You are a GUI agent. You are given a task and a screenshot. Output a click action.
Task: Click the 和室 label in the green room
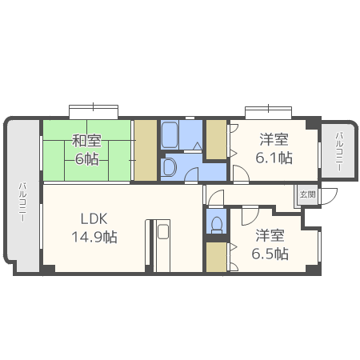[x=86, y=141]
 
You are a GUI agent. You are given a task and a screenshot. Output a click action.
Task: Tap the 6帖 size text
[x=86, y=159]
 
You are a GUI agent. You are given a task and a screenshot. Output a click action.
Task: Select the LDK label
[x=94, y=218]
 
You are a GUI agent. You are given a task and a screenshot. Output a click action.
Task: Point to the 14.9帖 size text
[x=94, y=237]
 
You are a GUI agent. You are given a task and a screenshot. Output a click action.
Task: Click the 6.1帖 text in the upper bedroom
[x=274, y=158]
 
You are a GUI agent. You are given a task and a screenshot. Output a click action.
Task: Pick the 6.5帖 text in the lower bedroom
[x=270, y=254]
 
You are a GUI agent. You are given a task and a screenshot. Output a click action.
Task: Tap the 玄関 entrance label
[x=308, y=194]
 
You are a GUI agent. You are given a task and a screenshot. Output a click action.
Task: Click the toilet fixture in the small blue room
[x=217, y=224]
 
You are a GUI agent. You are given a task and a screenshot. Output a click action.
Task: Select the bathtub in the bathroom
[x=170, y=135]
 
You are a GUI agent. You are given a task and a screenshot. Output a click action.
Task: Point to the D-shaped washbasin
[x=170, y=167]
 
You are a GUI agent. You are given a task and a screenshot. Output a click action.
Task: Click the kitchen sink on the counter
[x=163, y=231]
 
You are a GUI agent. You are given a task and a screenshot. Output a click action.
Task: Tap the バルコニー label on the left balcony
[x=22, y=202]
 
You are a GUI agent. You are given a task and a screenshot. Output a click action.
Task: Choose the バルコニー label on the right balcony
[x=339, y=152]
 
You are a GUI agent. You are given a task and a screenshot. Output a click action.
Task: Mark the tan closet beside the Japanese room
[x=146, y=150]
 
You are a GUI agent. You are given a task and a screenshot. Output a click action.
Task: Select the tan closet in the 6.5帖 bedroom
[x=216, y=257]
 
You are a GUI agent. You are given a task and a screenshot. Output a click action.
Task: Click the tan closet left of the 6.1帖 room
[x=217, y=140]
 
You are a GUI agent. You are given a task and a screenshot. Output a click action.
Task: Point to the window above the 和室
[x=94, y=112]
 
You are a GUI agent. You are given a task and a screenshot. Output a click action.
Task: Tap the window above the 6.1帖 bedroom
[x=268, y=113]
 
